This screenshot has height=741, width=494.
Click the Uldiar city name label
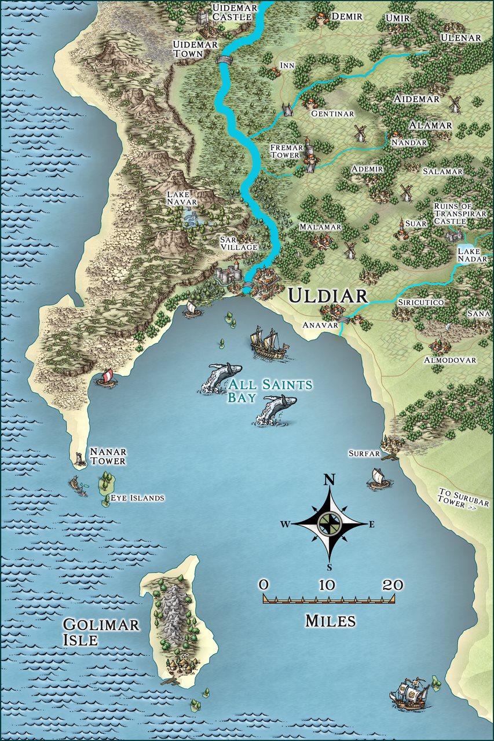pyautogui.click(x=328, y=296)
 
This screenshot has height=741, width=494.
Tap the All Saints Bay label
pyautogui.click(x=270, y=391)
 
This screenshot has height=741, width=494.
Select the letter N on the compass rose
pyautogui.click(x=330, y=479)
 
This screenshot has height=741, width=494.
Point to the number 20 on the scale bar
pyautogui.click(x=393, y=585)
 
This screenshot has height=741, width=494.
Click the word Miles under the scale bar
pyautogui.click(x=330, y=621)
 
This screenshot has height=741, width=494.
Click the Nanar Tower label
pyautogui.click(x=107, y=456)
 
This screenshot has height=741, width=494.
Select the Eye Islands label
pyautogui.click(x=137, y=498)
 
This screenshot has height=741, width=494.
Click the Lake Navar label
pyautogui.click(x=182, y=198)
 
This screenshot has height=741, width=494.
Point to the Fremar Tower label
pyautogui.click(x=285, y=152)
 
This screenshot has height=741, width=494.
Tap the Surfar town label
pyautogui.click(x=364, y=453)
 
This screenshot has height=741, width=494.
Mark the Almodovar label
pyautogui.click(x=450, y=360)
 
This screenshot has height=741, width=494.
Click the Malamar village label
pyautogui.click(x=320, y=227)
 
